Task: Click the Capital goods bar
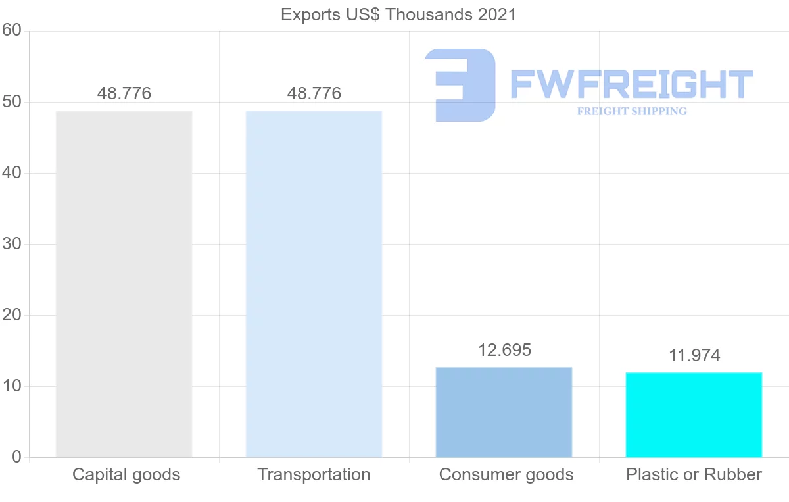[124, 284]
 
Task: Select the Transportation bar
[314, 284]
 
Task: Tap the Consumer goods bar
[504, 412]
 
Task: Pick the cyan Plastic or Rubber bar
[694, 414]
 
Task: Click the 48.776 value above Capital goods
[124, 93]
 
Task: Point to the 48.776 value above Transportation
[314, 93]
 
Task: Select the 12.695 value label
[504, 350]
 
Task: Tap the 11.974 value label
[694, 356]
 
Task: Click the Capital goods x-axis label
[126, 474]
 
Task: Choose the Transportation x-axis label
[314, 474]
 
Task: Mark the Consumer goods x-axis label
[506, 474]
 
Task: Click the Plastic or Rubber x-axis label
[694, 474]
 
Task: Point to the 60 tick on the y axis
[12, 30]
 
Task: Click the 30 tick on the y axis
[12, 244]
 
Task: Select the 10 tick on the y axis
[12, 386]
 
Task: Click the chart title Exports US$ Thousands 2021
[398, 14]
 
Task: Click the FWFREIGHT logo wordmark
[632, 84]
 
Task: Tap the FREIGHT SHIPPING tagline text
[632, 111]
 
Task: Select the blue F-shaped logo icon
[460, 85]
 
